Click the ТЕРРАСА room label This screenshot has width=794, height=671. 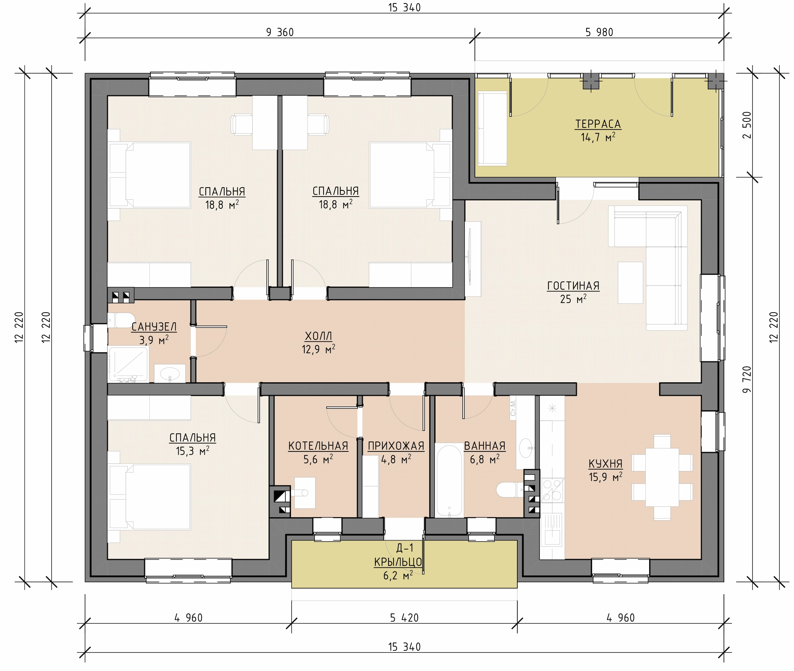click(x=598, y=124)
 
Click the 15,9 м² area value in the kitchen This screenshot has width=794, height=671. click(x=606, y=477)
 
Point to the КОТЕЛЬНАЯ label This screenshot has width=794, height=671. click(x=318, y=446)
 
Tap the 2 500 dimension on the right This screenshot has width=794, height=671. click(x=747, y=125)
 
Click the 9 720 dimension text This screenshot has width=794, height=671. click(x=747, y=379)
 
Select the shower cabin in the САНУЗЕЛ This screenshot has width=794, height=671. click(x=128, y=364)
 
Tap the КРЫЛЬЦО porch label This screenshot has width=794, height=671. click(x=398, y=562)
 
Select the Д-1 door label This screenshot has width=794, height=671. click(x=405, y=548)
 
